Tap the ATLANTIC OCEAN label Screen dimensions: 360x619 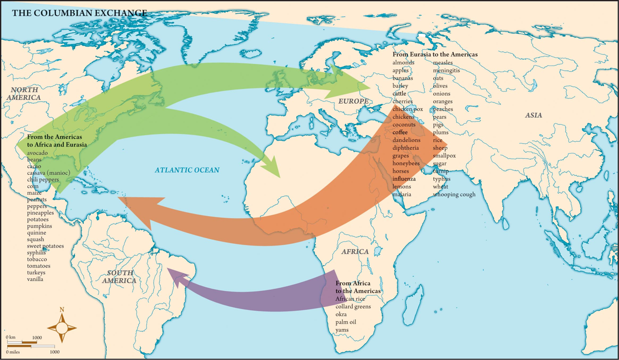[187, 170]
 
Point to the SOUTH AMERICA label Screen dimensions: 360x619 [120, 277]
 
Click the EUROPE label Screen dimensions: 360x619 [353, 101]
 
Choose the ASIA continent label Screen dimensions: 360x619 [533, 115]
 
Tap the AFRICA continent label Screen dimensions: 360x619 [355, 252]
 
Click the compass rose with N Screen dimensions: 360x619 [62, 328]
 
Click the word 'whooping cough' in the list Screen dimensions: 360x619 [454, 195]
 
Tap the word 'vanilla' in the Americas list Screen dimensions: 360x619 [35, 279]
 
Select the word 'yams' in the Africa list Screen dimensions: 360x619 [342, 330]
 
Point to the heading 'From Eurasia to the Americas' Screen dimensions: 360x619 [435, 54]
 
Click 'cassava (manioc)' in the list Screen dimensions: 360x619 [50, 173]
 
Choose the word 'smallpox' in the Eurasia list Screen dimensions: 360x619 [444, 156]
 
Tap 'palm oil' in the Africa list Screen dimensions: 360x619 [346, 322]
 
